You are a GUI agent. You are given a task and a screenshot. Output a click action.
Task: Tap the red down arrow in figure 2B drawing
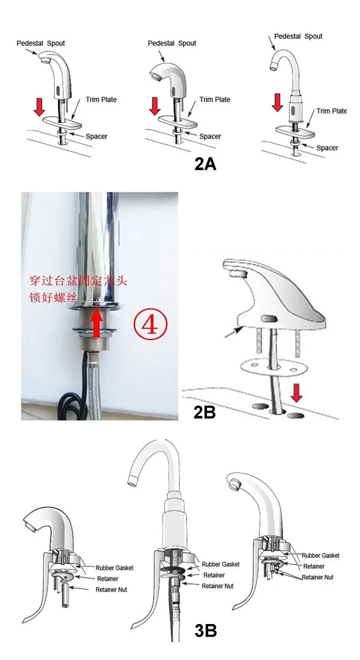pyautogui.click(x=295, y=395)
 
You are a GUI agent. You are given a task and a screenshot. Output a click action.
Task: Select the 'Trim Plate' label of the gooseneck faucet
pyautogui.click(x=331, y=111)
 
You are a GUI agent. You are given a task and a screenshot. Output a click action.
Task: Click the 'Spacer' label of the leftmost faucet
pyautogui.click(x=96, y=136)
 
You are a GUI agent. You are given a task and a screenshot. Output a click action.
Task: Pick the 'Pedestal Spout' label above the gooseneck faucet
pyautogui.click(x=298, y=36)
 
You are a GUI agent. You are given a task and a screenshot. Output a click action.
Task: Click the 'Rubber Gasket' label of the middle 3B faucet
pyautogui.click(x=220, y=564)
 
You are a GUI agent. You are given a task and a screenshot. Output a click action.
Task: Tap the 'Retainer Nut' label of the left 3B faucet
pyautogui.click(x=112, y=589)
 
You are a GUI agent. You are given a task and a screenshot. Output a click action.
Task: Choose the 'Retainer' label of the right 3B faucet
pyautogui.click(x=313, y=566)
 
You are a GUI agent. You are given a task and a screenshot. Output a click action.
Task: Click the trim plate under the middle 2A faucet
pyautogui.click(x=180, y=119)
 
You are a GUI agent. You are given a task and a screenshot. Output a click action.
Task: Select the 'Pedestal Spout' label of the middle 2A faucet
pyautogui.click(x=172, y=43)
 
